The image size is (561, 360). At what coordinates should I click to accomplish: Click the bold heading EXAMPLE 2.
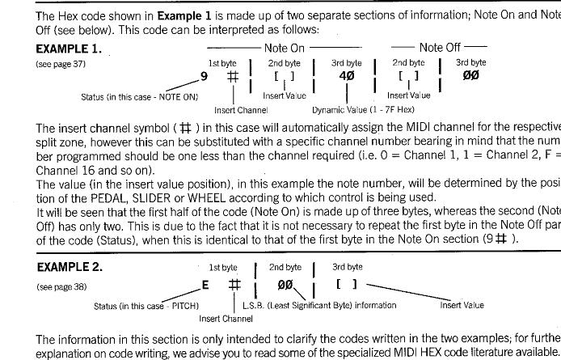coord(69,244)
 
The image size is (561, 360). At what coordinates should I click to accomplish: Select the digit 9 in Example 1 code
coord(204,77)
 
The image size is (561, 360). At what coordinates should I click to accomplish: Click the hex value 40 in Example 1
coord(347,77)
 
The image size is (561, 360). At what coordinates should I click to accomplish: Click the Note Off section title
coord(441,49)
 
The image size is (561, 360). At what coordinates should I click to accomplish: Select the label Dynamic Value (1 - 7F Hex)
coord(352,109)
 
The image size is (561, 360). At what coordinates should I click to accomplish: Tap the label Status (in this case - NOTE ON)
coord(139,96)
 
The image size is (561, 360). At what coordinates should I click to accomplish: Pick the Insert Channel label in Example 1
coord(240,109)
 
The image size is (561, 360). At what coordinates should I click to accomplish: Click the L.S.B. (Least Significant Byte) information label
coord(319,305)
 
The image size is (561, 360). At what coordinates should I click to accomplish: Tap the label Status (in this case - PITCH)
coord(146,305)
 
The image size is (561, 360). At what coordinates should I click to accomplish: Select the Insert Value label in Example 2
coord(462,305)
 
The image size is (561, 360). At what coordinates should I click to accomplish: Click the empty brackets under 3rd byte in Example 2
coord(347,262)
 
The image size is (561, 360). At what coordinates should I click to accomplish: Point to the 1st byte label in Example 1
coord(223,62)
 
